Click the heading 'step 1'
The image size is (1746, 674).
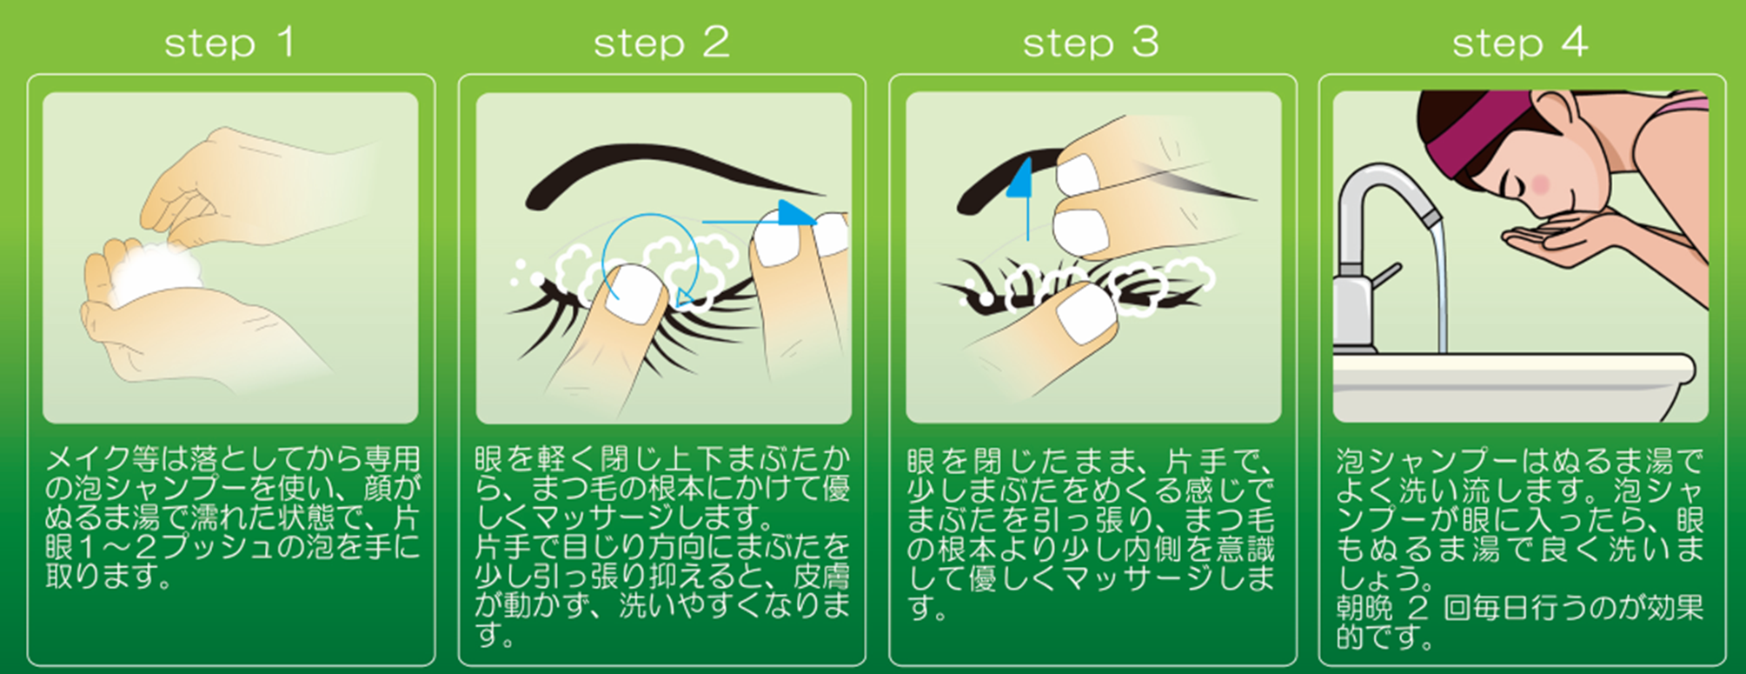tap(229, 43)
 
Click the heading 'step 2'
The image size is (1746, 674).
tap(661, 43)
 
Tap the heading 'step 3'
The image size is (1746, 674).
tap(1091, 43)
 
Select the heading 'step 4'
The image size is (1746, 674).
tap(1520, 43)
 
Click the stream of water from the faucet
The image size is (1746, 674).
tap(1437, 287)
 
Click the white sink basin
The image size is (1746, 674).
tap(1512, 383)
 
